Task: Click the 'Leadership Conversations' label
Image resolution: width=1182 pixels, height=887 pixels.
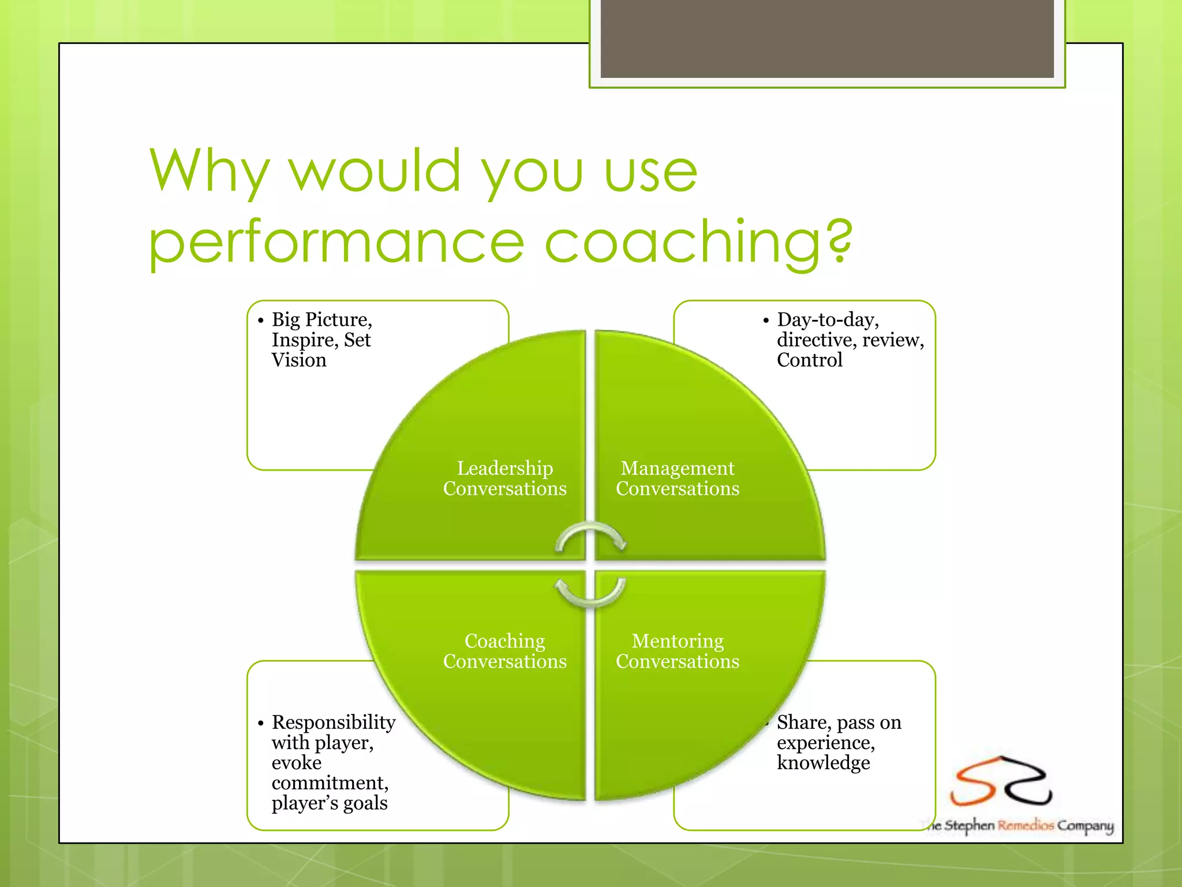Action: coord(504,478)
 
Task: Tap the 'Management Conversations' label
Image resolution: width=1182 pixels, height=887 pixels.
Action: coord(677,478)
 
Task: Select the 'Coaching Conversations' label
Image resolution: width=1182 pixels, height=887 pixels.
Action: coord(504,651)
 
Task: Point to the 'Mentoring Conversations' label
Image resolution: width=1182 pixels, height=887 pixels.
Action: coord(677,651)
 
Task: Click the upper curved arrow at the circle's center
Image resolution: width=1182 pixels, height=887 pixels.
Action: coord(590,535)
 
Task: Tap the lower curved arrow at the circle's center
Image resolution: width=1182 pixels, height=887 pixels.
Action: coord(590,594)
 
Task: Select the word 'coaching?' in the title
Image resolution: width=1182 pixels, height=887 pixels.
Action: coord(698,242)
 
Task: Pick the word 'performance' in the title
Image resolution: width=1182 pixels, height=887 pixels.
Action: coord(336,243)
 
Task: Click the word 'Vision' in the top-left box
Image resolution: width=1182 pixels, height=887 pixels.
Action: coord(299,360)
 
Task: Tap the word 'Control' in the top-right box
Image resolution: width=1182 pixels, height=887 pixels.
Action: coord(809,360)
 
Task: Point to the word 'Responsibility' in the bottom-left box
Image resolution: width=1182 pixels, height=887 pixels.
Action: coord(334,722)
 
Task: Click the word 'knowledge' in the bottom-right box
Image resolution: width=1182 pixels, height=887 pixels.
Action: coord(823,763)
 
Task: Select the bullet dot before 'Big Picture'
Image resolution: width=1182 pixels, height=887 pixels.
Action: coord(261,320)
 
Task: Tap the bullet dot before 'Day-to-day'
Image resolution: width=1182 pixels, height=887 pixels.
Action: coord(766,320)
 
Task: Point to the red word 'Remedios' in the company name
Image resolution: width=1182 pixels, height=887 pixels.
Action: coord(1026,825)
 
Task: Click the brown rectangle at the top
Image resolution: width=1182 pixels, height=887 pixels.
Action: coord(827,38)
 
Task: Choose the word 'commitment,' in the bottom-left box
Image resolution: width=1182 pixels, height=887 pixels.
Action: coord(330,783)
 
